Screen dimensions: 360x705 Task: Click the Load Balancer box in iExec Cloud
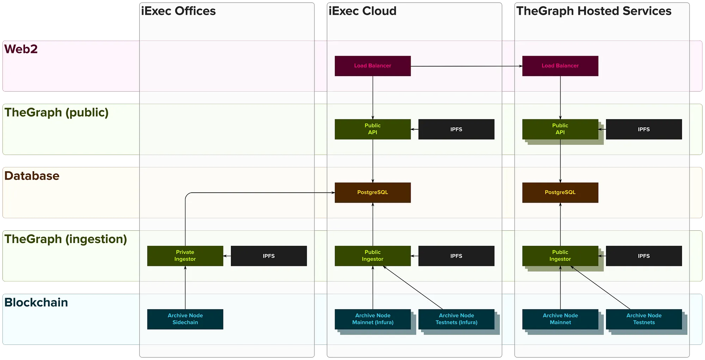pos(373,66)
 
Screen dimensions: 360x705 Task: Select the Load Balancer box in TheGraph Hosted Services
pos(560,66)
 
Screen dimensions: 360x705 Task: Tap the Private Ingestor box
pos(185,256)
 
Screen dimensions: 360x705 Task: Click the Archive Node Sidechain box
pos(185,319)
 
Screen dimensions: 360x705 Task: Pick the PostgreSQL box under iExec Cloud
pos(373,192)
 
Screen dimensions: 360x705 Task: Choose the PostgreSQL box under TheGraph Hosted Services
pos(560,192)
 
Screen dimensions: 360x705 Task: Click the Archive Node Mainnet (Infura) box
pos(373,319)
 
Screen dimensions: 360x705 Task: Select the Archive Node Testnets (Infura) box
pos(456,319)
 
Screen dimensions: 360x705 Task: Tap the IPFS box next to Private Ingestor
pos(269,256)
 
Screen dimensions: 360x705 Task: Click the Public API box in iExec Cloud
pos(373,129)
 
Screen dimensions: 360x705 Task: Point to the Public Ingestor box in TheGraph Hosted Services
pos(560,256)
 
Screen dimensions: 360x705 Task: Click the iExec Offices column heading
pos(178,11)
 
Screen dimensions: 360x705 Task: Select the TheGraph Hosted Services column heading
pos(594,11)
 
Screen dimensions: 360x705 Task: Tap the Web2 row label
pos(21,49)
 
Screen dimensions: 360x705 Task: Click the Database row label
pos(32,176)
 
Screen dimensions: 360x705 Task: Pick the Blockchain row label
pos(36,303)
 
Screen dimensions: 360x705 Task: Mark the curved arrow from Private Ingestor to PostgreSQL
pos(247,193)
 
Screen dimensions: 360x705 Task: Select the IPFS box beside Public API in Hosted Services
pos(644,129)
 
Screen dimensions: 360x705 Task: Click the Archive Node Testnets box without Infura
pos(644,319)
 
